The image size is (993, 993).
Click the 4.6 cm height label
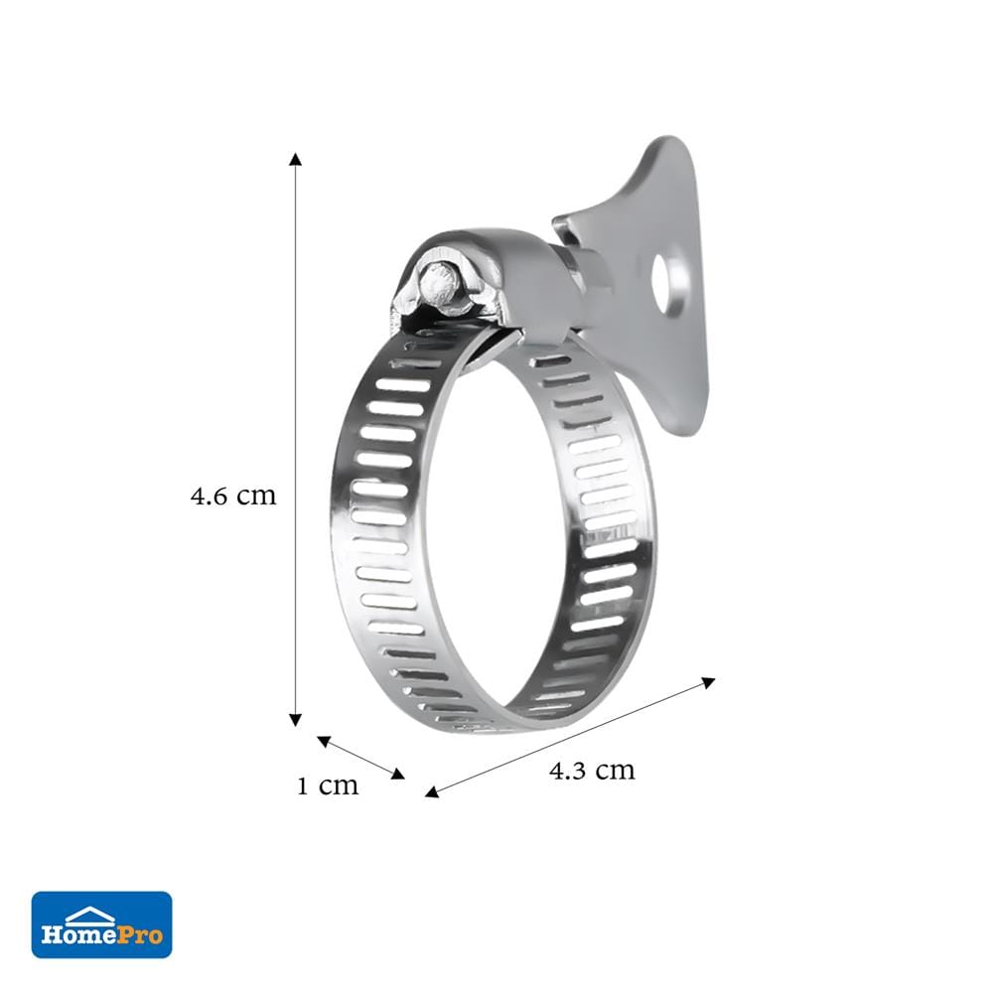tap(233, 496)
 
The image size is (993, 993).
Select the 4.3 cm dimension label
tap(592, 771)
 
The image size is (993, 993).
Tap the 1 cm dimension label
tap(328, 785)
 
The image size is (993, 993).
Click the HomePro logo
tap(102, 924)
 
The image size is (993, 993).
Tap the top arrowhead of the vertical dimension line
tap(295, 159)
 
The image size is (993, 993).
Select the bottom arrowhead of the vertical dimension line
tap(295, 719)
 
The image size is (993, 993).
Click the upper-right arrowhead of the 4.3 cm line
tap(709, 682)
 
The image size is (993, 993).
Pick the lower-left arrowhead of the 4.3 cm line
tap(432, 791)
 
